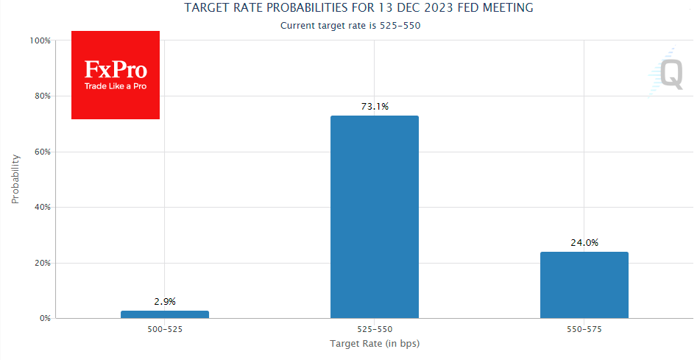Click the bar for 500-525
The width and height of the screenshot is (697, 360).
pyautogui.click(x=165, y=314)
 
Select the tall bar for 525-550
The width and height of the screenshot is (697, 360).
pyautogui.click(x=374, y=216)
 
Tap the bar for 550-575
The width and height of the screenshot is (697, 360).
pyautogui.click(x=584, y=285)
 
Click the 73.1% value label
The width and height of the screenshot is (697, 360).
pyautogui.click(x=374, y=107)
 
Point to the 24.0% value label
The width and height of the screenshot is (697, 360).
pyautogui.click(x=584, y=243)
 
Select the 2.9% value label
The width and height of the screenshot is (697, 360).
pyautogui.click(x=165, y=301)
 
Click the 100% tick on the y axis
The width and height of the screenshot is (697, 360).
pyautogui.click(x=40, y=40)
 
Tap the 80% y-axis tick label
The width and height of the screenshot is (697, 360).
pyautogui.click(x=41, y=96)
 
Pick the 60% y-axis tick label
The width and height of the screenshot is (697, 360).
pyautogui.click(x=41, y=152)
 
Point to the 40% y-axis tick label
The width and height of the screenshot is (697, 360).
pyautogui.click(x=41, y=208)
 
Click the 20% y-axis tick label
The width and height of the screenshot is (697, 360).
pyautogui.click(x=41, y=263)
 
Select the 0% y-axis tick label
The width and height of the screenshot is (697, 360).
pyautogui.click(x=43, y=319)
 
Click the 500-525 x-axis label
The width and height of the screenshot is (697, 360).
pyautogui.click(x=165, y=330)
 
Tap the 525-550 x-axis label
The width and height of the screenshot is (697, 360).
pyautogui.click(x=374, y=330)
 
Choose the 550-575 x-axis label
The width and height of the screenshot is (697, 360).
pyautogui.click(x=584, y=330)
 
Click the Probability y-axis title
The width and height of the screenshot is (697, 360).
pyautogui.click(x=15, y=179)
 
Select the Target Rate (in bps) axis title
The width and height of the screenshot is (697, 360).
pyautogui.click(x=374, y=344)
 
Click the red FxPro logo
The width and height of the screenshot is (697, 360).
pyautogui.click(x=116, y=75)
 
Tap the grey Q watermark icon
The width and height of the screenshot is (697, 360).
pyautogui.click(x=668, y=74)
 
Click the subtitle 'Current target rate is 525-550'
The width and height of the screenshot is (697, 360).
pyautogui.click(x=350, y=25)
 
